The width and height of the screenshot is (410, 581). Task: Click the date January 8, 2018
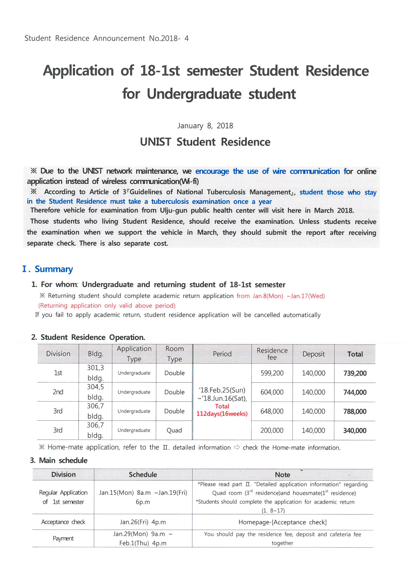(205, 126)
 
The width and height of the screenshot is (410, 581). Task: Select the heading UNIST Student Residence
(205, 142)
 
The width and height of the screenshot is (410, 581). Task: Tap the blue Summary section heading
(54, 269)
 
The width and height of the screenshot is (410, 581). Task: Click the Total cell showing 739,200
(355, 373)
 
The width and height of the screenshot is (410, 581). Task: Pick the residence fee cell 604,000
(272, 392)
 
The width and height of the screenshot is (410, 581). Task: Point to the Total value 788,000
(355, 411)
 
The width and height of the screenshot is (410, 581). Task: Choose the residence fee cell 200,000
(272, 430)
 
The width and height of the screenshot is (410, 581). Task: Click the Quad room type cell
(174, 430)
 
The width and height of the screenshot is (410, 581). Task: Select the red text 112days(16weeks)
(222, 414)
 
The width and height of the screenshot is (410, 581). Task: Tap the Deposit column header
(313, 354)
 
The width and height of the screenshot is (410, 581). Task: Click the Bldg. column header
(95, 354)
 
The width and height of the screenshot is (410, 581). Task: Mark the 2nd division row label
(58, 392)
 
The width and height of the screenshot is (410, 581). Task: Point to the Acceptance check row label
(63, 522)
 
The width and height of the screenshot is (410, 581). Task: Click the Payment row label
(63, 538)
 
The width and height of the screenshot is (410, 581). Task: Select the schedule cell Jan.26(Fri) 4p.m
(143, 522)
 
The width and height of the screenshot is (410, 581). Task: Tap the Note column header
(283, 475)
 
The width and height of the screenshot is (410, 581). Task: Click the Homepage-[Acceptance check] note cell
(283, 522)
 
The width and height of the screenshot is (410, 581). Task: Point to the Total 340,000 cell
(355, 430)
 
